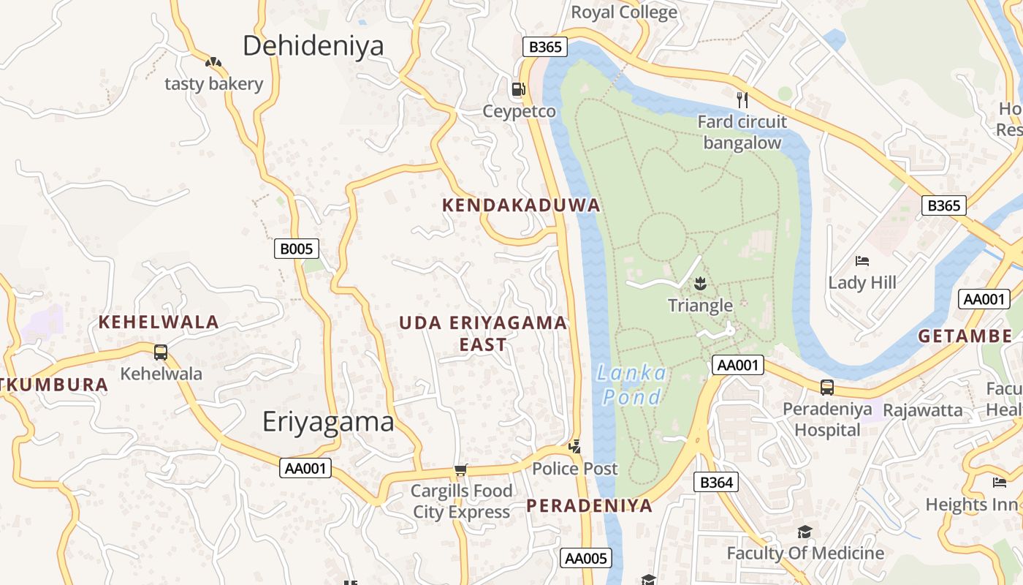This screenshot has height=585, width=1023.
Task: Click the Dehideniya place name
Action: click(x=313, y=45)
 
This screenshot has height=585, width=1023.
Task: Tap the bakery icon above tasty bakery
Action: click(x=213, y=63)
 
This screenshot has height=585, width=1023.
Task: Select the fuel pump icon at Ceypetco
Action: click(x=518, y=89)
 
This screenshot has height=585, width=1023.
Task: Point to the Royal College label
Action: click(x=623, y=12)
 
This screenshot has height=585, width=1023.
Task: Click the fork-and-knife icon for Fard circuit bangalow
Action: click(x=742, y=99)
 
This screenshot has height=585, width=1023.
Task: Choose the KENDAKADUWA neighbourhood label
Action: click(x=521, y=205)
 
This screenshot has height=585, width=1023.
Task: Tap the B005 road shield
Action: click(x=297, y=249)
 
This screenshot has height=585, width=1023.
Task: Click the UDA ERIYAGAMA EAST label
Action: click(x=483, y=333)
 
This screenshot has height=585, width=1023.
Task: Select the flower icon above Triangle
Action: click(x=700, y=282)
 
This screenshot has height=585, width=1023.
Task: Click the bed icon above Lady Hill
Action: click(x=862, y=261)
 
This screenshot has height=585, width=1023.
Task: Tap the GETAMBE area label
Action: click(x=965, y=336)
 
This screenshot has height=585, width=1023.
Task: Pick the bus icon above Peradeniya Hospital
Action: click(x=827, y=388)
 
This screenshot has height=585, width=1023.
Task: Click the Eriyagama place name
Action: click(x=328, y=422)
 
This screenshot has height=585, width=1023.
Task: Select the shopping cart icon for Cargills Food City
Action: click(x=460, y=469)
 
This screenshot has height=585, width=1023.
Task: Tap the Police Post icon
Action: click(x=575, y=446)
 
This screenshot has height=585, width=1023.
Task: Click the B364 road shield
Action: click(x=715, y=482)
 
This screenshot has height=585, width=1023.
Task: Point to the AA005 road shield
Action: click(x=585, y=559)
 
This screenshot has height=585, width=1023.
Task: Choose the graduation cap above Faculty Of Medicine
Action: click(x=805, y=532)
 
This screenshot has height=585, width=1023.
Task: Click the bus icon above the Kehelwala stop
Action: click(x=161, y=352)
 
